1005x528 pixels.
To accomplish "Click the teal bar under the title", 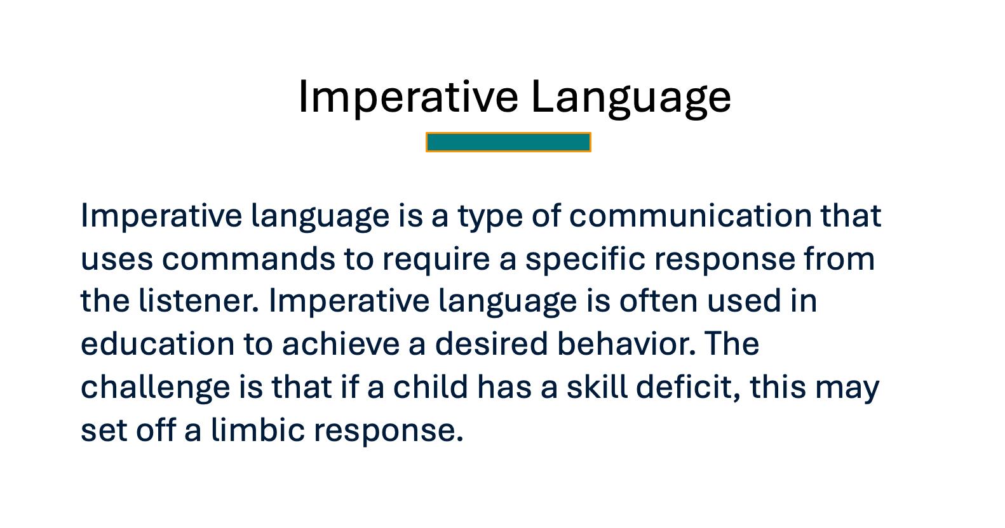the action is tap(508, 142).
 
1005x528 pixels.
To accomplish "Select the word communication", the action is tap(691, 216).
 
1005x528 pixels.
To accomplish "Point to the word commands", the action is tap(248, 259).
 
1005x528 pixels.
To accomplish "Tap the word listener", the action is tap(199, 301).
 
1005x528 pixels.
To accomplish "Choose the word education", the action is tap(158, 344).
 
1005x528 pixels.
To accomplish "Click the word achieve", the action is tap(341, 344).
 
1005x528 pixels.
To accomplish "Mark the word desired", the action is tap(491, 344).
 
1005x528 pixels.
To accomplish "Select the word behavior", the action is tap(626, 344).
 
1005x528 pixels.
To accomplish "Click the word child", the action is tap(431, 387).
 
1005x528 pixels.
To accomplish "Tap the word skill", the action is tap(597, 387).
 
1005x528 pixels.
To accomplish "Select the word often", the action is tap(658, 301).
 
